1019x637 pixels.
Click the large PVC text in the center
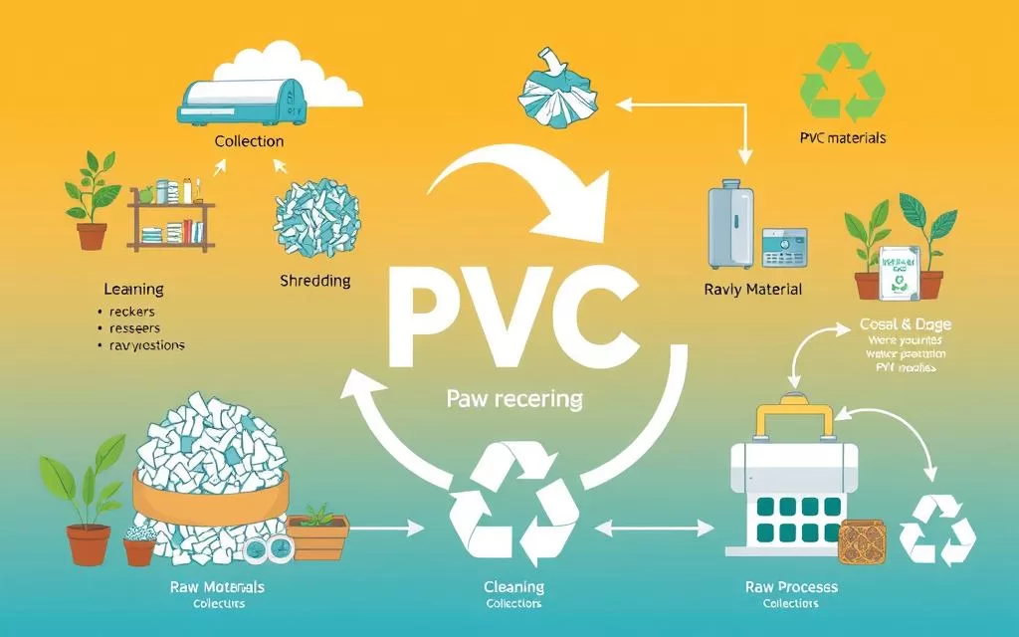(509, 317)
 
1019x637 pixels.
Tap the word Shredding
(314, 281)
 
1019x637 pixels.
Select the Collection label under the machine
(249, 141)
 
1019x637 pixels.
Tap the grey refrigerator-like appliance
(731, 225)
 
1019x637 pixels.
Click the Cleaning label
(513, 587)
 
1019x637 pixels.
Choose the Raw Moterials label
(217, 587)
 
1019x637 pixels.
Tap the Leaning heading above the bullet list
(133, 290)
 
